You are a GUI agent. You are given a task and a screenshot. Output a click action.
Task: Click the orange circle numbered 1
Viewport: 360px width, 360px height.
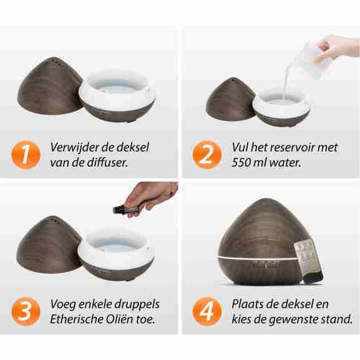click(x=26, y=155)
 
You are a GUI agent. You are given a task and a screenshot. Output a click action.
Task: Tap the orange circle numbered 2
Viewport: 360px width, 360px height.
click(x=207, y=155)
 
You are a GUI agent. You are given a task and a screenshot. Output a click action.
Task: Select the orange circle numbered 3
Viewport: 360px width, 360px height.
click(x=26, y=311)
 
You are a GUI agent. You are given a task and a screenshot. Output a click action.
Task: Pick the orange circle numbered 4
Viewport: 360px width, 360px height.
click(x=207, y=311)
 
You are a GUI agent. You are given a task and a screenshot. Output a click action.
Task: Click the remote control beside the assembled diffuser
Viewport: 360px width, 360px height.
click(x=309, y=260)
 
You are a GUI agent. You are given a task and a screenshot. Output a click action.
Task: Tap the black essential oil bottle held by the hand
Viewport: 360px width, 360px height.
click(x=120, y=210)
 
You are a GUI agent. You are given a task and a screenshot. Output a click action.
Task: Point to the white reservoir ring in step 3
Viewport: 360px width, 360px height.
click(x=116, y=251)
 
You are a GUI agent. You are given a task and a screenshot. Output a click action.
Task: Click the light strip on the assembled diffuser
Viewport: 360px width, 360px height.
click(x=257, y=258)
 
